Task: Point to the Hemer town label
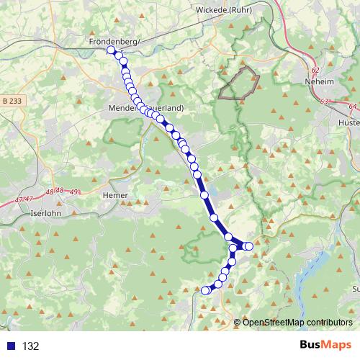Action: pos(116,195)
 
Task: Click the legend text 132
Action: pos(30,346)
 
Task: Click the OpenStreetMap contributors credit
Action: pos(297,322)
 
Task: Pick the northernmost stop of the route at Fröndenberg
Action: pos(111,50)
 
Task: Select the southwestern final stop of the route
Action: pos(204,290)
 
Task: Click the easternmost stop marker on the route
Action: pos(249,246)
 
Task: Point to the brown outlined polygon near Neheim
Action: pos(239,82)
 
